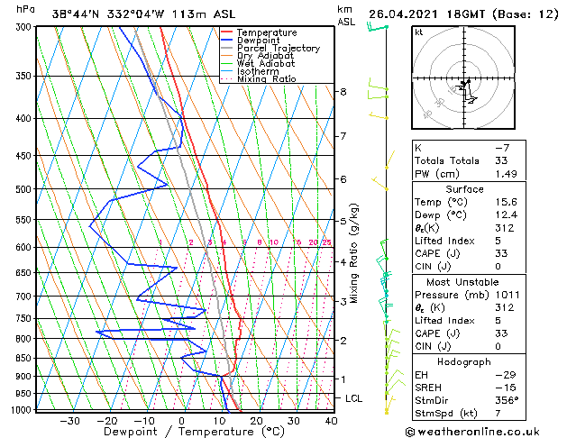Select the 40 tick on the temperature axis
[x=332, y=421]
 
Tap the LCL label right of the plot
[x=354, y=398]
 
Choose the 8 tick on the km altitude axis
[x=343, y=92]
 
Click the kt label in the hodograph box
[x=419, y=33]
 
